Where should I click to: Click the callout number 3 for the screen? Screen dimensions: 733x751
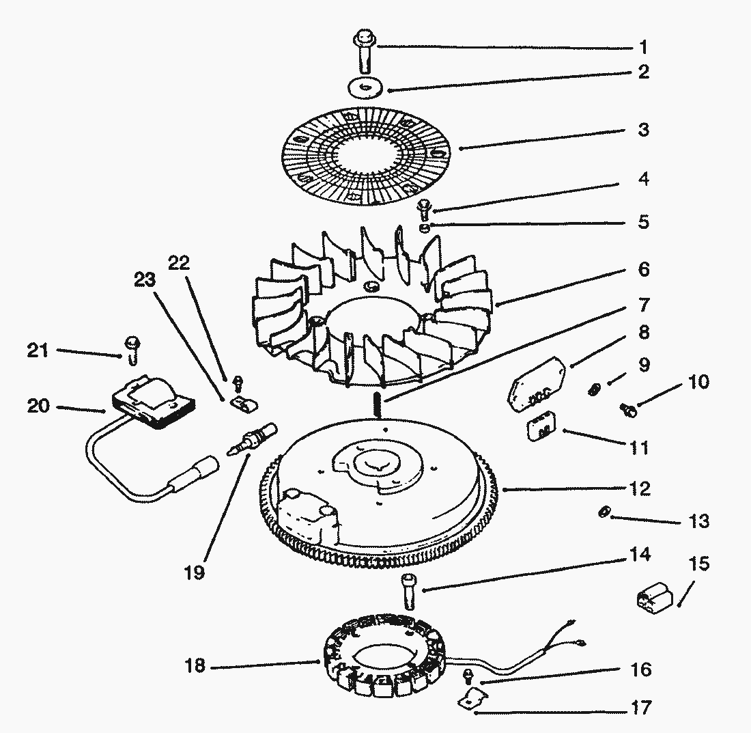click(x=643, y=129)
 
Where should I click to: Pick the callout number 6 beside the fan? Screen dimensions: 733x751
click(x=643, y=268)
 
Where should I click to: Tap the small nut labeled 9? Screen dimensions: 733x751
click(x=594, y=390)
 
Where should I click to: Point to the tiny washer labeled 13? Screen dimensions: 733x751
click(x=603, y=512)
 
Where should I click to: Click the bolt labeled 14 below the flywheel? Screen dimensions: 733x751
click(x=408, y=592)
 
